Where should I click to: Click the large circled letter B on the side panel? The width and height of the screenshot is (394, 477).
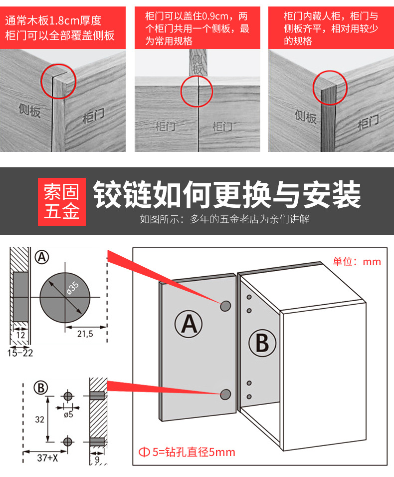pos(262,344)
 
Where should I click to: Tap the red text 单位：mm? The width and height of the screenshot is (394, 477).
pos(357,262)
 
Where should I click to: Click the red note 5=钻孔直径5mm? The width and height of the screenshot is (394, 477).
pos(187,453)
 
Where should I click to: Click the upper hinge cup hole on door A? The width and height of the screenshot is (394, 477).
pos(226,306)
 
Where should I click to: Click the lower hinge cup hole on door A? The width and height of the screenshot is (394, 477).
pos(226,395)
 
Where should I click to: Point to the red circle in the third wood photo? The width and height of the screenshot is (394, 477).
pos(330,88)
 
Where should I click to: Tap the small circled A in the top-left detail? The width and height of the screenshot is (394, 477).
pos(42,257)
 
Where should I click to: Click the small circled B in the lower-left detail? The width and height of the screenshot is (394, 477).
pos(40,388)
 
